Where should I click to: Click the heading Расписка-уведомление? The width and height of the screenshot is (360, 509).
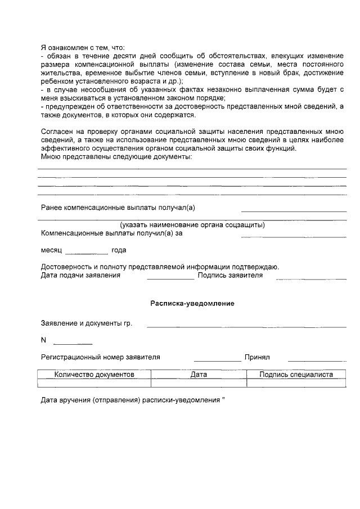point(192,303)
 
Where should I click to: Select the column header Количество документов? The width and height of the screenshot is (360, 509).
point(94,375)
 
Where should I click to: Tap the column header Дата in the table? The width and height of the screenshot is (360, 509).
point(199,375)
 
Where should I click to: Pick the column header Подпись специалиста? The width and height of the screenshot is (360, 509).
point(296,375)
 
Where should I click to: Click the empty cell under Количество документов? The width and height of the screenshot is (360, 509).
point(94,383)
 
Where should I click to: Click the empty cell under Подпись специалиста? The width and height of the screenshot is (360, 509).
point(296,383)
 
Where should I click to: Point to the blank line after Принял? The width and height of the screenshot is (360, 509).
point(316,360)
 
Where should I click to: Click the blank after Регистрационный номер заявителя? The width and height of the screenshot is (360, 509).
point(217,360)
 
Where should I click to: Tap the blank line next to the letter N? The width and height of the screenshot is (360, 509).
point(73,343)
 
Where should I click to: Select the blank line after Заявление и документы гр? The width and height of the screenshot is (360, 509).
point(246,326)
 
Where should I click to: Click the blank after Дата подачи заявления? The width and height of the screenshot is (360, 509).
point(170,278)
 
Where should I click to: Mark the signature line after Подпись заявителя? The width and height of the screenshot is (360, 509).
point(310,278)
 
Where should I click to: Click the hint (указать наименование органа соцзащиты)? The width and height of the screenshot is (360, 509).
point(192,226)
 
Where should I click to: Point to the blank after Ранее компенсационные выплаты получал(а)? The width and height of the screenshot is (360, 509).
point(294,210)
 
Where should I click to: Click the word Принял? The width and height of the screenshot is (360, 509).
point(257,357)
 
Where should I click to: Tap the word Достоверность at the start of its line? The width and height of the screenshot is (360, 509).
point(66,267)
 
